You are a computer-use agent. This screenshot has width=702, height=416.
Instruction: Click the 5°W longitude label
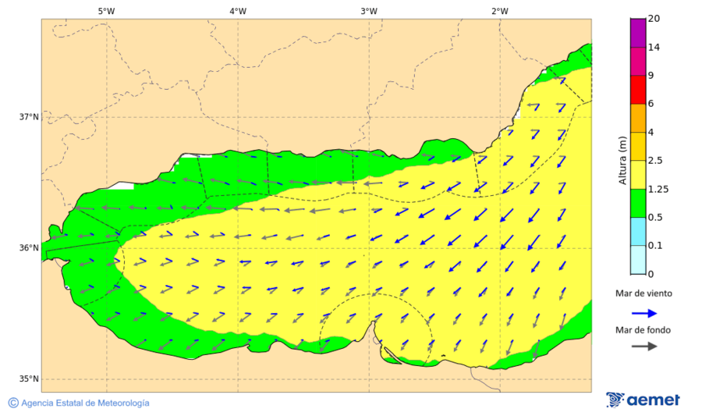[106, 11]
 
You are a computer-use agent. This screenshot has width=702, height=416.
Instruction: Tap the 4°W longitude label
[238, 11]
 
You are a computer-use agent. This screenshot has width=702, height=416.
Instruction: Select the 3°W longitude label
[369, 11]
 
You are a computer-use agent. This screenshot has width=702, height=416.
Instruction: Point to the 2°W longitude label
[500, 11]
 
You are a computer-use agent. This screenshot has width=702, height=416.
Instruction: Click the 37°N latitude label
[29, 117]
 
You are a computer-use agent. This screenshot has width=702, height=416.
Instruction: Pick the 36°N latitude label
[29, 248]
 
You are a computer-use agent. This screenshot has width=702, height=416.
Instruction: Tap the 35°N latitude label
[29, 379]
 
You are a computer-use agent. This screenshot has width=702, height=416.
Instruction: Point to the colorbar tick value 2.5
[655, 161]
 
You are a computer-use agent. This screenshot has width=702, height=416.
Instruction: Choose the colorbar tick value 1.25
[658, 189]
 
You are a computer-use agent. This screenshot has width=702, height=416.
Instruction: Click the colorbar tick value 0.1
[655, 246]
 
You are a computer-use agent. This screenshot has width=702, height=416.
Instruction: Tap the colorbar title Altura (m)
[622, 160]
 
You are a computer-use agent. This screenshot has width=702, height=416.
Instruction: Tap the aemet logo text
[654, 400]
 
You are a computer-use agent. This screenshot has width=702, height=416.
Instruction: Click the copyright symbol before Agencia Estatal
[13, 403]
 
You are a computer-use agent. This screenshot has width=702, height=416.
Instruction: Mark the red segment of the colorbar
[638, 90]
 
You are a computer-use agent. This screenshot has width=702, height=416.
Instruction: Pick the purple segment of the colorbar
[638, 34]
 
